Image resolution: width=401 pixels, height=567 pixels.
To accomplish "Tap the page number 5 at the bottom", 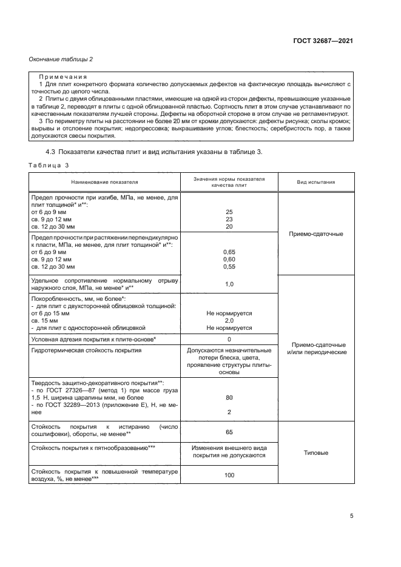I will point(352,516).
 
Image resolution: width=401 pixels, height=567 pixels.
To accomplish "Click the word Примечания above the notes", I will point(63,77).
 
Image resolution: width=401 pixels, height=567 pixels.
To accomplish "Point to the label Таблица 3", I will point(49,165).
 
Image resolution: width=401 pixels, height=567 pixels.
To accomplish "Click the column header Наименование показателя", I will point(104,181).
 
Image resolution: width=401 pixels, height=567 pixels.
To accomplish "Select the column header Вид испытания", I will point(316,181).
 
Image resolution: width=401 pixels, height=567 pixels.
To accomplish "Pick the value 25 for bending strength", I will point(229,212).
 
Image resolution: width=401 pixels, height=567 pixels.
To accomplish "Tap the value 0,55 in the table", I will point(229,266).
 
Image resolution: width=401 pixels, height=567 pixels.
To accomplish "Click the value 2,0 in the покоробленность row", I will point(229,320).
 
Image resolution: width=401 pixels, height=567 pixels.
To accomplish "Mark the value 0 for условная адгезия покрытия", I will point(229,339).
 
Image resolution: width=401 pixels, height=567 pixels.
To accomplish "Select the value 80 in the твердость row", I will point(229,398).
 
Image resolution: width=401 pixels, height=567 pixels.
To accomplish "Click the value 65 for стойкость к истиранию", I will point(229,432).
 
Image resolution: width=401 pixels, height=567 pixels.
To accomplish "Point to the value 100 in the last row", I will point(229,475).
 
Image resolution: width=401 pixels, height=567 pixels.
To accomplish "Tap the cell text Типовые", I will point(316,452).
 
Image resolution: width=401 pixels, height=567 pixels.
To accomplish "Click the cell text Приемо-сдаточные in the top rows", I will point(316,233).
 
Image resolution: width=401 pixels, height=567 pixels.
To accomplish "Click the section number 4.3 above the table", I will point(52,152).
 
